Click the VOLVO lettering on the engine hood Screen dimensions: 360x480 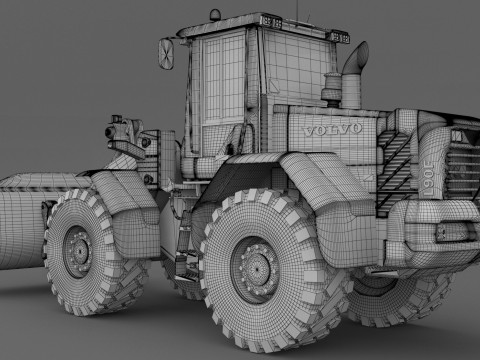(332, 129)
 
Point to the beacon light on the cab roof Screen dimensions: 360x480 (215, 15)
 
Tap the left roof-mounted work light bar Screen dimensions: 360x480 (270, 20)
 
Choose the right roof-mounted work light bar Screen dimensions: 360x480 (338, 38)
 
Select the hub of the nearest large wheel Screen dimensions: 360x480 (254, 267)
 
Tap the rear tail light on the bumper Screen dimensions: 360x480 (453, 233)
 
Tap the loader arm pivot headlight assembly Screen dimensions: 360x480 (121, 130)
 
